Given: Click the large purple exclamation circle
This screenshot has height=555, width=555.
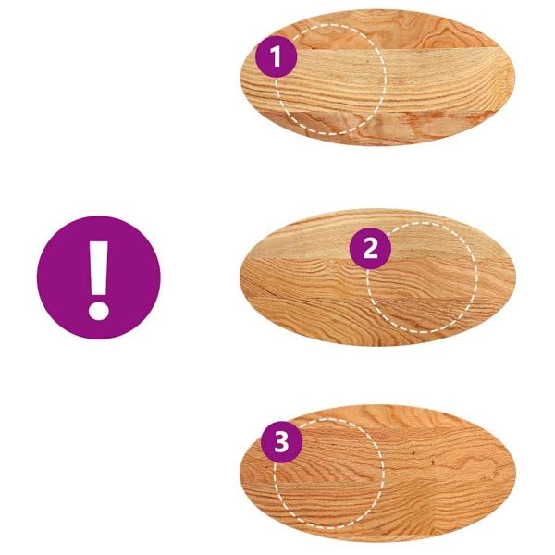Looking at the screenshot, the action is pyautogui.click(x=99, y=277).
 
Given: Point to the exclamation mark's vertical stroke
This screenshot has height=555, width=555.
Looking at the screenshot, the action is pyautogui.click(x=99, y=268).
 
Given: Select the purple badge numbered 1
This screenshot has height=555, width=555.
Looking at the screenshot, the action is pyautogui.click(x=276, y=56).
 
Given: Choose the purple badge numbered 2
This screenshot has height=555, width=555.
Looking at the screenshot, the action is pyautogui.click(x=370, y=248).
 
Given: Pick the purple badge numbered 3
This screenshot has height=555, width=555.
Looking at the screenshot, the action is pyautogui.click(x=282, y=442).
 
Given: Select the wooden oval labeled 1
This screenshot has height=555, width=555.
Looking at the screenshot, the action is pyautogui.click(x=377, y=78).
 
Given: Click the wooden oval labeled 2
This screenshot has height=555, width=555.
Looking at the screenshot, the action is pyautogui.click(x=377, y=277).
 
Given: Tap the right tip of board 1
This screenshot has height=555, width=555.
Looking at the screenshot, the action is pyautogui.click(x=514, y=76).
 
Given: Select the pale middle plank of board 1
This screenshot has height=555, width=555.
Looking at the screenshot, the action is pyautogui.click(x=389, y=80).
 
